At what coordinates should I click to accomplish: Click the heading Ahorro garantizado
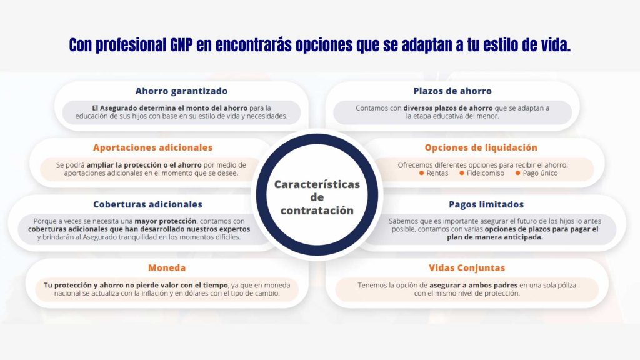pos(181,91)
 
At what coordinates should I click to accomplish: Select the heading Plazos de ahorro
pos(452,91)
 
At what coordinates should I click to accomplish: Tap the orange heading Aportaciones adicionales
pos(152,148)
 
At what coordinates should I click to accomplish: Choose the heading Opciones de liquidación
pos(481,148)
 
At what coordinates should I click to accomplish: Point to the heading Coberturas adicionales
pos(147,204)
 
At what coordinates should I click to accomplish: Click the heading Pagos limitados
pos(486,204)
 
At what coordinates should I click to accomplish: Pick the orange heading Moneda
pos(167,268)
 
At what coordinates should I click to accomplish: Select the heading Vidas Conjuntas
pos(466,268)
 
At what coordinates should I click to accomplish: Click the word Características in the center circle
pos(317,184)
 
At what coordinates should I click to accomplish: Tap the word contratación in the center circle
pos(317,211)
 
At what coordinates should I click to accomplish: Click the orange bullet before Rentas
pos(422,173)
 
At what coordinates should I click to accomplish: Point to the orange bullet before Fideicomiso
pos(462,173)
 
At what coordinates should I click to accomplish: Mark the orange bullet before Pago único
pos(517,173)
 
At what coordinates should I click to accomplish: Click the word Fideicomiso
pos(486,173)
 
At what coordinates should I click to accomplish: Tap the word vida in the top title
pos(554,46)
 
